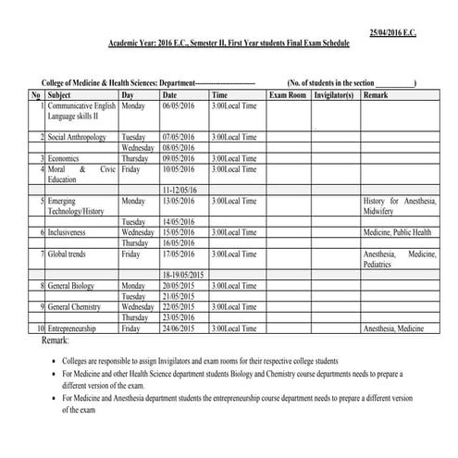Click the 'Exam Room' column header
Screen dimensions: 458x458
[288, 95]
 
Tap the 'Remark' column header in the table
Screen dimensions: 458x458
[376, 95]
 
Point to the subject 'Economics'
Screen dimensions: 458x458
[65, 158]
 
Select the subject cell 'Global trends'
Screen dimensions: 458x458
[69, 254]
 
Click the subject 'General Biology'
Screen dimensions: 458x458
[74, 286]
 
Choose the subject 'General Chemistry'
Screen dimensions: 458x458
[78, 306]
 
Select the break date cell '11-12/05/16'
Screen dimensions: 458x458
[179, 190]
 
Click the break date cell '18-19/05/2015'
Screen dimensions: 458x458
[182, 275]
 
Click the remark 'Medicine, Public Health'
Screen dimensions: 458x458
[397, 232]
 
